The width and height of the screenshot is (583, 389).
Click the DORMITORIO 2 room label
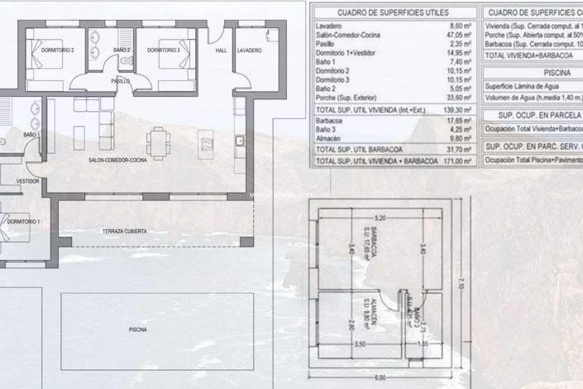click(x=58, y=50)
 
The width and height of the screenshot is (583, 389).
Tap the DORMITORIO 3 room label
click(x=164, y=50)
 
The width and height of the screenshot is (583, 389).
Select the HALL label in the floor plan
click(x=221, y=50)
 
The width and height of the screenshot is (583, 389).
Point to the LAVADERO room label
click(x=249, y=50)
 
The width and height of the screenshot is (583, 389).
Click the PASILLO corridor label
click(x=122, y=81)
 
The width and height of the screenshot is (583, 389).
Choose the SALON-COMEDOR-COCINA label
click(x=120, y=159)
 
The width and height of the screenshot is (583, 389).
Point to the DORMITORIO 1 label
click(x=23, y=222)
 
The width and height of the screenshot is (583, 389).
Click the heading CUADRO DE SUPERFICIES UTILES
click(x=394, y=12)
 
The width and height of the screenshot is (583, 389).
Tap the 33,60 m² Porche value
click(x=459, y=97)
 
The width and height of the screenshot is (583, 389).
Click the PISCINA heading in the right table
click(x=533, y=71)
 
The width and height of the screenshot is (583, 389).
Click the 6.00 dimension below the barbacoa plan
click(x=380, y=377)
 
